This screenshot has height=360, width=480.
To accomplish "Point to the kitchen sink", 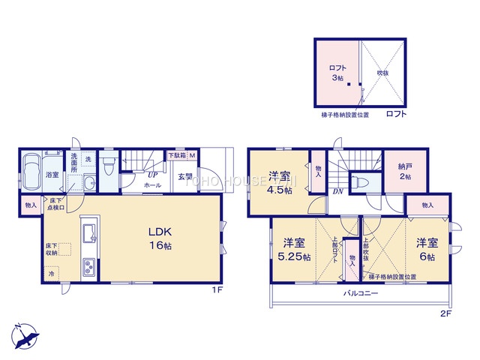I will tap(88, 228).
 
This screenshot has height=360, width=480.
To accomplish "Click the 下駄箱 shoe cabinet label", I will tap(177, 155).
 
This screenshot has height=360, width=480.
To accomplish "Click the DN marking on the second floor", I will tap(338, 191).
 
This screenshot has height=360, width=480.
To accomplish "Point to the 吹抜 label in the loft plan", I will tap(382, 73).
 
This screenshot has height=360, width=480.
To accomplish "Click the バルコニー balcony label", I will tap(361, 293).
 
